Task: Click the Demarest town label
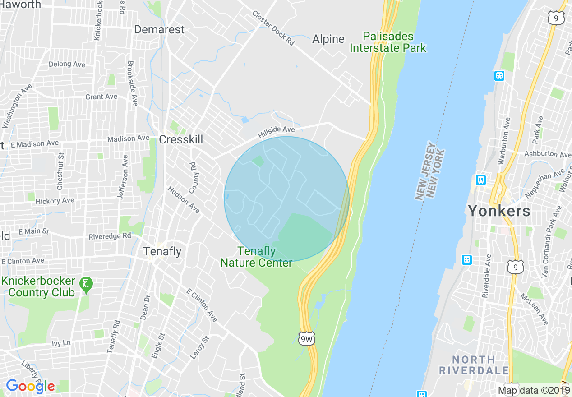(159, 30)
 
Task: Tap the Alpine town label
(328, 39)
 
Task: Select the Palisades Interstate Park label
(388, 42)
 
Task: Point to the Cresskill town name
(180, 140)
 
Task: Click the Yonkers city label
(499, 211)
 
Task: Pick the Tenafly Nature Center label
(256, 257)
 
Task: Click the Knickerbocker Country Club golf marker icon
(86, 284)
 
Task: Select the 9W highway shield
(306, 339)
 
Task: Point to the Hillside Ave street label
(276, 132)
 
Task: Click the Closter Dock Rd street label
(273, 28)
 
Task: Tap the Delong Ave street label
(67, 64)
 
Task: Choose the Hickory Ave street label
(55, 201)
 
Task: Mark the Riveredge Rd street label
(110, 236)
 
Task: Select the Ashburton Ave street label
(548, 154)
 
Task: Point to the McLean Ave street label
(534, 309)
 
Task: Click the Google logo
(30, 386)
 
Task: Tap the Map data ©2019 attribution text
(534, 390)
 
